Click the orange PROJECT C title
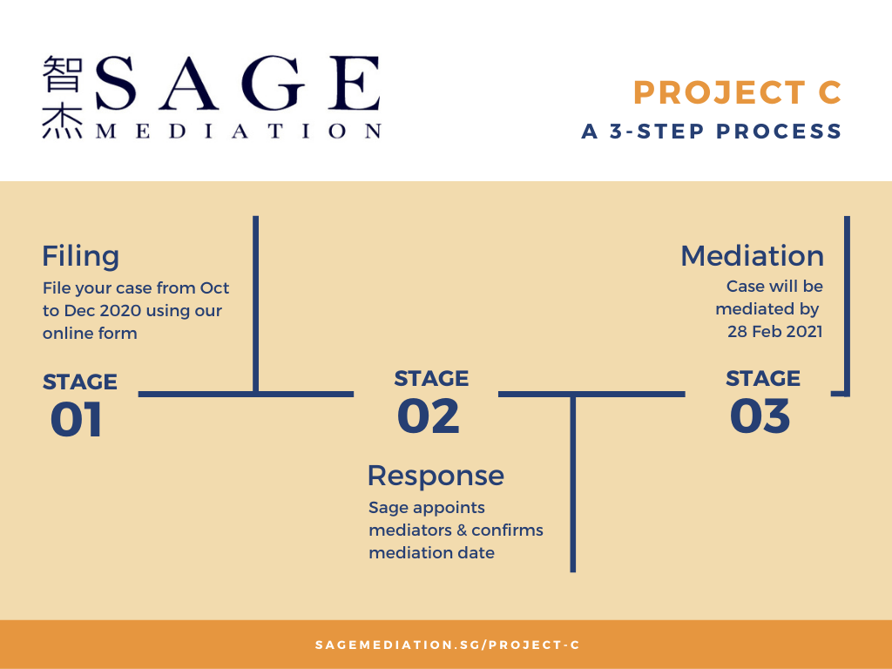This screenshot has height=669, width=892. click(737, 92)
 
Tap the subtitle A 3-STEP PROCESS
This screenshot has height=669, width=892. click(711, 132)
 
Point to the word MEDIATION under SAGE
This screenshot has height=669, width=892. click(239, 132)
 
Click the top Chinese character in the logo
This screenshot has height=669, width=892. click(63, 73)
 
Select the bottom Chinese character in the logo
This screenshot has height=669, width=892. click(63, 121)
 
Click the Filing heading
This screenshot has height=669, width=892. click(81, 256)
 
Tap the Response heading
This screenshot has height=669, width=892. click(436, 476)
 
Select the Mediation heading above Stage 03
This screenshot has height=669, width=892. click(752, 256)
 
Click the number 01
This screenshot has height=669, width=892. click(77, 420)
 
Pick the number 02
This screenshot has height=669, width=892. click(429, 416)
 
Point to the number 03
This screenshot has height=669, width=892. click(760, 416)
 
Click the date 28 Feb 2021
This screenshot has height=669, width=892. click(774, 332)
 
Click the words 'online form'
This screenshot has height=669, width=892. click(90, 334)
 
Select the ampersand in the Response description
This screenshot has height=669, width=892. click(461, 530)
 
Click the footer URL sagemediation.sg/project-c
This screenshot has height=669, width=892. click(447, 645)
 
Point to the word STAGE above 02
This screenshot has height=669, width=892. click(431, 379)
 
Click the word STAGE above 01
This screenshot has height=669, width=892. click(79, 382)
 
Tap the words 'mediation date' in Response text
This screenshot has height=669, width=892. click(432, 553)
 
